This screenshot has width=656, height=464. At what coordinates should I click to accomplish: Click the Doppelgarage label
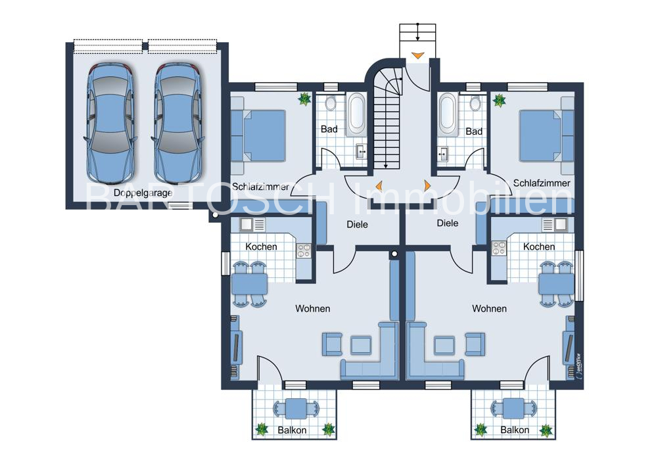click(x=143, y=193)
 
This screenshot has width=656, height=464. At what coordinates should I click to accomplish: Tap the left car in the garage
click(x=110, y=124)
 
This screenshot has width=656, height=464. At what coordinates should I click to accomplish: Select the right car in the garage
click(x=178, y=124)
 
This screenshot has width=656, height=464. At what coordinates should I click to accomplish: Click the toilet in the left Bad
click(x=331, y=103)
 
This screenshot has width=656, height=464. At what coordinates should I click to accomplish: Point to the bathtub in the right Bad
click(x=447, y=113)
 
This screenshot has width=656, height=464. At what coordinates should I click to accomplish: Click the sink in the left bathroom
click(x=361, y=151)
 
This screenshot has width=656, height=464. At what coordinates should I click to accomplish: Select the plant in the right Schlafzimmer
click(x=499, y=101)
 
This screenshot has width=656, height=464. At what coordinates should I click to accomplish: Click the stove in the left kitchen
click(x=304, y=251)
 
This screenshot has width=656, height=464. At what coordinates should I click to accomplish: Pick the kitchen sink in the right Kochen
click(x=555, y=225)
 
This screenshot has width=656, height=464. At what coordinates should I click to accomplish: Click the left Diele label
click(x=358, y=225)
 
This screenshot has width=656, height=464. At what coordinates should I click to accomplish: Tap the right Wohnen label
click(x=489, y=309)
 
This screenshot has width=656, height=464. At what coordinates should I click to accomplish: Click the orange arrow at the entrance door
click(x=417, y=55)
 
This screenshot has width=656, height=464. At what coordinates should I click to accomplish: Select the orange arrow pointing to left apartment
click(x=379, y=186)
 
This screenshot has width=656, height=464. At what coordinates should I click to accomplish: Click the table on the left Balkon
click(x=296, y=408)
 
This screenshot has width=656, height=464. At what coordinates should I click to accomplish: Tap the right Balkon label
click(x=515, y=430)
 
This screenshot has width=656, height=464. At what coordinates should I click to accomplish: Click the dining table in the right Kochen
click(x=556, y=284)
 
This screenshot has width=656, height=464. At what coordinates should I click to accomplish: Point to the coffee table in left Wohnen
click(x=361, y=345)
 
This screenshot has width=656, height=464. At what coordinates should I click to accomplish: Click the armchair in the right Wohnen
click(x=475, y=344)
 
